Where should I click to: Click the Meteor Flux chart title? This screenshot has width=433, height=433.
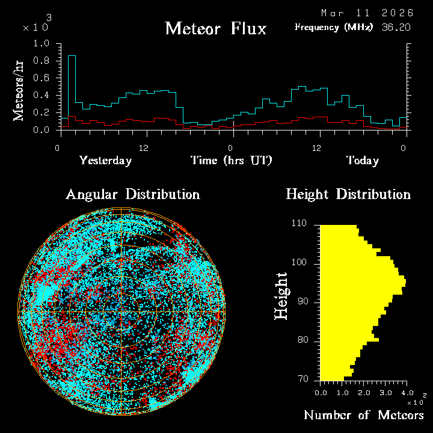click(x=215, y=29)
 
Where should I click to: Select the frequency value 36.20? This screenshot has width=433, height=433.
click(x=395, y=27)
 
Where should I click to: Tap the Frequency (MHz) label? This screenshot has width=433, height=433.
click(x=334, y=27)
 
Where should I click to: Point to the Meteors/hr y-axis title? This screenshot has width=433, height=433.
click(x=19, y=91)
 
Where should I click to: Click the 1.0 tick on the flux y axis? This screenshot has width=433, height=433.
click(x=43, y=44)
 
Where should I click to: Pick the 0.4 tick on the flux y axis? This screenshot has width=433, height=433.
click(x=43, y=96)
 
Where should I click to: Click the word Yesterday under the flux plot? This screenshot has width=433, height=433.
click(x=105, y=161)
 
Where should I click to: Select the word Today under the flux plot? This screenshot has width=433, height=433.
click(x=362, y=161)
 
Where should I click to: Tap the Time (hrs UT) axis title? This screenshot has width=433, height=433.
click(x=232, y=161)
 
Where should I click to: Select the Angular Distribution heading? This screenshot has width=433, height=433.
click(x=133, y=195)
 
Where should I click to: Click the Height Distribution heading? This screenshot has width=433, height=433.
click(x=348, y=195)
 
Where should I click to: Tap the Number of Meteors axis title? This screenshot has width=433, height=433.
click(x=363, y=416)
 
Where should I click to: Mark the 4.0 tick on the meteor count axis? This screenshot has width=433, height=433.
click(x=405, y=392)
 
